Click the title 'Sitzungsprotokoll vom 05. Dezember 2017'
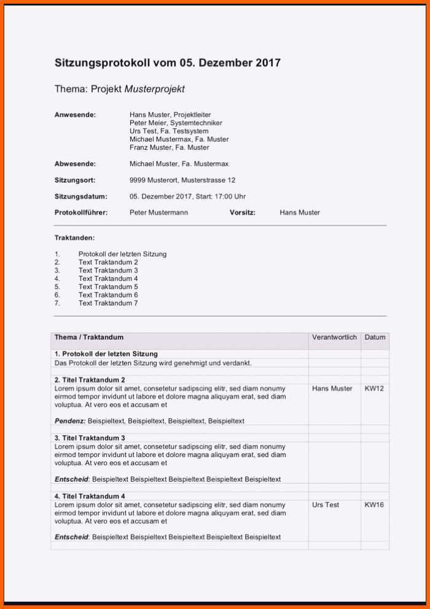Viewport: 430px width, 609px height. (x=168, y=63)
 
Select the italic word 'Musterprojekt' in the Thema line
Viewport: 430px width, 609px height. (x=155, y=89)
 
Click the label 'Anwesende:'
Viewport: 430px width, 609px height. (x=75, y=115)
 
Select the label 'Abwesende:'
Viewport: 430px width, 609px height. (x=75, y=164)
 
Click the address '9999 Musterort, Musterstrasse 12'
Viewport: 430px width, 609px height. (x=182, y=180)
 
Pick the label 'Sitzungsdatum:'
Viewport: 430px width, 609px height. (x=80, y=197)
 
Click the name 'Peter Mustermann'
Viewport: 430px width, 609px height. (x=158, y=213)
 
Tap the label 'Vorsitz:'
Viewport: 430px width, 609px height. (x=242, y=213)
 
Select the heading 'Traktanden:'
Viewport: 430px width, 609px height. (x=74, y=237)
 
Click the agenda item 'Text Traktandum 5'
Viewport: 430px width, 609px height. (x=108, y=286)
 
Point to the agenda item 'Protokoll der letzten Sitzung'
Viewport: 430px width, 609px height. (x=122, y=254)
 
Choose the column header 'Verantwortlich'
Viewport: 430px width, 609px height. (x=334, y=337)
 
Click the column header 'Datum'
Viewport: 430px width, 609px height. (x=375, y=337)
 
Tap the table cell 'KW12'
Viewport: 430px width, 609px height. (x=374, y=388)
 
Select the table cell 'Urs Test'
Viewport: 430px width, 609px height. (x=326, y=505)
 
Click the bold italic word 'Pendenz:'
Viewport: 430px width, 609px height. (x=70, y=421)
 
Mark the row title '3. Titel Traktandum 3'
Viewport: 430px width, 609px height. (x=90, y=438)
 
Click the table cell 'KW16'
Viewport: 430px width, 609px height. (x=374, y=505)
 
